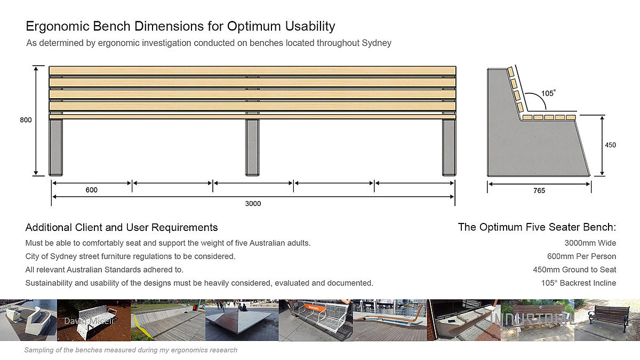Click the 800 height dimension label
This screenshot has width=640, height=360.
[x=26, y=120]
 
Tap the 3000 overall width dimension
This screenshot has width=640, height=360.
[x=253, y=203]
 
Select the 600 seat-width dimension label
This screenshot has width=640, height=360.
[x=91, y=190]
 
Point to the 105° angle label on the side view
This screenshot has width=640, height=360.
[x=548, y=93]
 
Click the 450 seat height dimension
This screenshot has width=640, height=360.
[x=610, y=145]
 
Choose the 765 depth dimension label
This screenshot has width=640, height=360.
[x=539, y=190]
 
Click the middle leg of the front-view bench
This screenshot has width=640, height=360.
[x=252, y=147]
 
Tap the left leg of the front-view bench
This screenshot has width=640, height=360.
[x=55, y=147]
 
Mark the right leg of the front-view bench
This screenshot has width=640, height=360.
[x=449, y=147]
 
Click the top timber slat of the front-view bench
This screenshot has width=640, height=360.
[x=252, y=70]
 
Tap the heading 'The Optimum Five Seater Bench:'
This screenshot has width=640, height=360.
[x=537, y=227]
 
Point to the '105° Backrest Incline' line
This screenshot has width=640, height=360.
[x=578, y=283]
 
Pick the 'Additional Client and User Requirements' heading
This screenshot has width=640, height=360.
[x=122, y=228]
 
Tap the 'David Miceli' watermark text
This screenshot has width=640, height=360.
[x=83, y=322]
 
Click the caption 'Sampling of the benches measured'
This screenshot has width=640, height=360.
[x=131, y=350]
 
